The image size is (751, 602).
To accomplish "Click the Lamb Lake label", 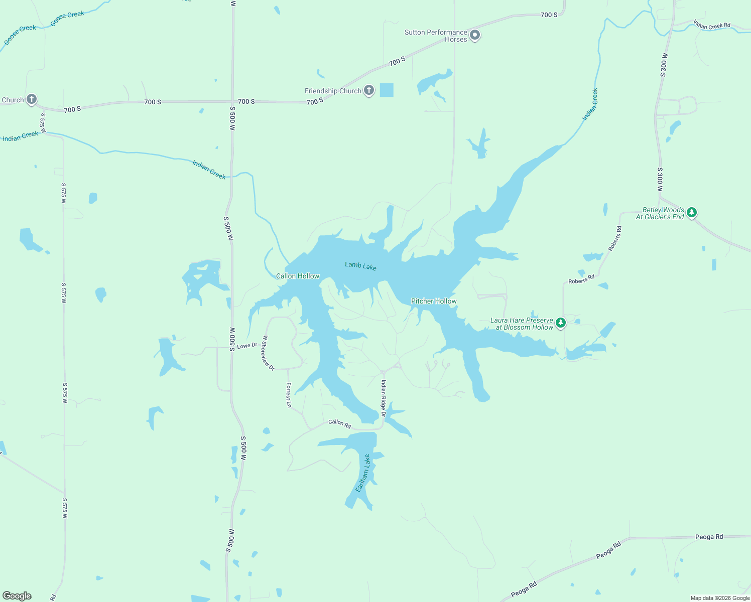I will (360, 265).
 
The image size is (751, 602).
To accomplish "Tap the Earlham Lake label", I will (363, 473).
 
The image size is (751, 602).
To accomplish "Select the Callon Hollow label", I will (298, 276).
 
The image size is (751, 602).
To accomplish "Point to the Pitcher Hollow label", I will (434, 301).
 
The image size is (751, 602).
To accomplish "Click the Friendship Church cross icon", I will (369, 90).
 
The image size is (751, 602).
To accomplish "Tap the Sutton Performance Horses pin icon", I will (475, 35).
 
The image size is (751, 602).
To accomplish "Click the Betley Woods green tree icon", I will (692, 212).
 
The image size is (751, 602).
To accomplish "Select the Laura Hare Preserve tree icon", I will (561, 323).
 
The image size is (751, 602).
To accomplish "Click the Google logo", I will (17, 596).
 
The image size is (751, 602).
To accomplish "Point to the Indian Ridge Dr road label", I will (383, 398).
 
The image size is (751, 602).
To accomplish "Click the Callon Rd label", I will (339, 423).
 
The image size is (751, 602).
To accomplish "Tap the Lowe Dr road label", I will (247, 346).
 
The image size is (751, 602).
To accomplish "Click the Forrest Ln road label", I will (289, 395).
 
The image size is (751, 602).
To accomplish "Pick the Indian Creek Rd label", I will (712, 25).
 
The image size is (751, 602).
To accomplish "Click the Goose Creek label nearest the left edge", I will (20, 35).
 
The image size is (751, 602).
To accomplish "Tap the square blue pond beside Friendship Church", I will (387, 90).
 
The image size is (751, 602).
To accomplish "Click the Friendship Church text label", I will (333, 91).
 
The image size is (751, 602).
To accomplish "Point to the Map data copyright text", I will (720, 598).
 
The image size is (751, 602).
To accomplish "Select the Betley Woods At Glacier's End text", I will (660, 213).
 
